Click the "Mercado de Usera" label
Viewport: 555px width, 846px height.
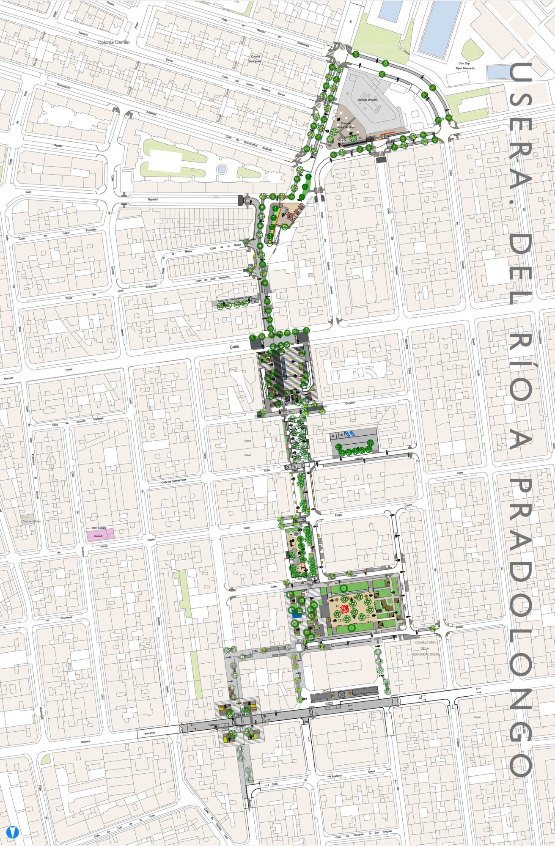(367, 100)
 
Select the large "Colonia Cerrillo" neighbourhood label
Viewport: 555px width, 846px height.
(113, 42)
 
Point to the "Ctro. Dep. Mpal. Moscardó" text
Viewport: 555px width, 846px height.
(465, 66)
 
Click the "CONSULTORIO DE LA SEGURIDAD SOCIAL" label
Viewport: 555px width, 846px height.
(426, 648)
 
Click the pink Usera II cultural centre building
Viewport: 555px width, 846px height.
(100, 535)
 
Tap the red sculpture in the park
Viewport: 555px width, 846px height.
(344, 610)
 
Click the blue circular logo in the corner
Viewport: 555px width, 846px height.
(13, 832)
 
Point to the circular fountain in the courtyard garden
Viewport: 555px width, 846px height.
(221, 169)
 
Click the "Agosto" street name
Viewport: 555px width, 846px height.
(58, 146)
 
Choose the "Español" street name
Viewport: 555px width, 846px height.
(153, 199)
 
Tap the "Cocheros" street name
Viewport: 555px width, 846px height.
(66, 618)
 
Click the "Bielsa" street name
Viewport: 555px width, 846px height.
(459, 627)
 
